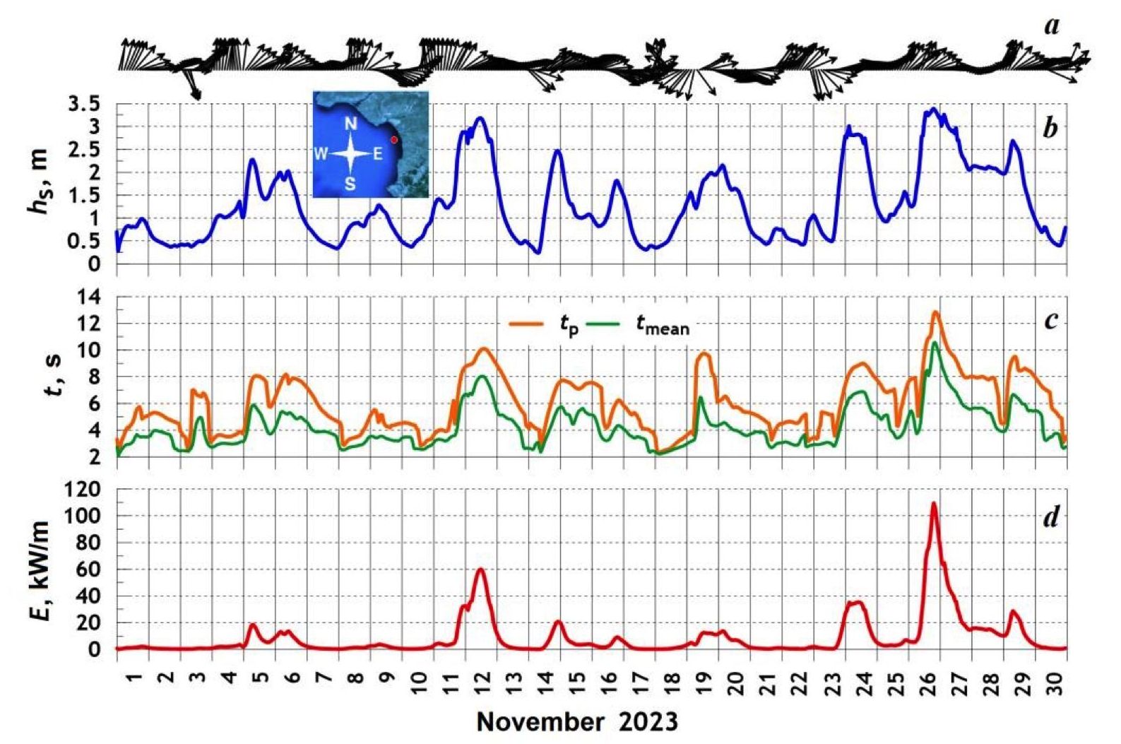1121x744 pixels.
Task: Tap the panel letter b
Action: [x=1050, y=129]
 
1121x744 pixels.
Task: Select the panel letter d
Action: [x=1050, y=518]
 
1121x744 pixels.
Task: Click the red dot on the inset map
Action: [x=394, y=140]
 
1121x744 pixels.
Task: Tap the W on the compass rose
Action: [x=321, y=154]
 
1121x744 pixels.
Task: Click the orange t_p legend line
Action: [x=526, y=324]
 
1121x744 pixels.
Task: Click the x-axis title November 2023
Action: [x=577, y=722]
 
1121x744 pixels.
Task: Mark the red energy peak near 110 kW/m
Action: [x=934, y=503]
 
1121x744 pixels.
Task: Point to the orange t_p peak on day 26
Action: [x=936, y=312]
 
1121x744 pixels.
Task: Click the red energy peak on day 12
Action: [x=481, y=569]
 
